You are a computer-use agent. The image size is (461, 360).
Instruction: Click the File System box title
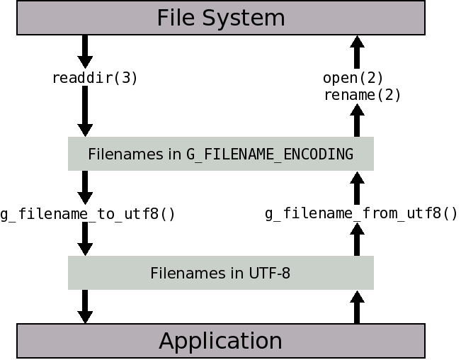pyautogui.click(x=220, y=18)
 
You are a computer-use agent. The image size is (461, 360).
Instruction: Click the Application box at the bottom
pyautogui.click(x=220, y=341)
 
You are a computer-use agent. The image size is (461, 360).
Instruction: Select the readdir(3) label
pyautogui.click(x=95, y=78)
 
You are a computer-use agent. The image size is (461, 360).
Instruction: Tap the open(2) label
pyautogui.click(x=353, y=78)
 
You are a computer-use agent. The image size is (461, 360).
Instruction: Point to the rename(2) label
pyautogui.click(x=362, y=95)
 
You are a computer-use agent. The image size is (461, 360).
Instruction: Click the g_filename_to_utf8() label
pyautogui.click(x=88, y=213)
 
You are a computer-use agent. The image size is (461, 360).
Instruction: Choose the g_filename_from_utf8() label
pyautogui.click(x=361, y=213)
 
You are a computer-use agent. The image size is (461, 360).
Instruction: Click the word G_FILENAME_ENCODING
pyautogui.click(x=270, y=154)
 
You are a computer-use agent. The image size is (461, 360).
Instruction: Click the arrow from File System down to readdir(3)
pyautogui.click(x=85, y=51)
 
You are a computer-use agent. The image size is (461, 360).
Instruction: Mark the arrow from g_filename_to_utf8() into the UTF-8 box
pyautogui.click(x=85, y=240)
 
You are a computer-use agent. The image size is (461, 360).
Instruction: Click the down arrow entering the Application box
pyautogui.click(x=85, y=307)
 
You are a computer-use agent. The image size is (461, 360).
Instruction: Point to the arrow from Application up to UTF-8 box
pyautogui.click(x=357, y=307)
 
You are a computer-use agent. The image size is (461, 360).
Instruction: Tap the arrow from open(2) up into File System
pyautogui.click(x=357, y=51)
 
